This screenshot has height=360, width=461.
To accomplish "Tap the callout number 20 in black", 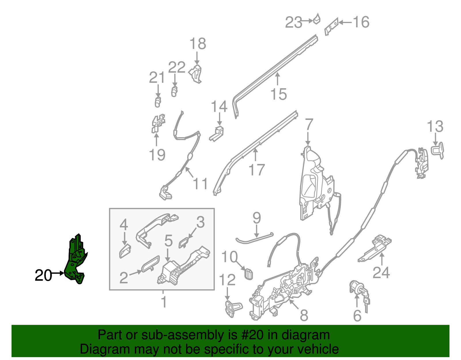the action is [43, 276].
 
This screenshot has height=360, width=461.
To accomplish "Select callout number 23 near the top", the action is [294, 22].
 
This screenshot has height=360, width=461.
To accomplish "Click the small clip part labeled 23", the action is [317, 19].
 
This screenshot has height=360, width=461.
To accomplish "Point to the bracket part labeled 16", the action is [331, 27].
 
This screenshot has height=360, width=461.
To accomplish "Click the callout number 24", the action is [381, 273].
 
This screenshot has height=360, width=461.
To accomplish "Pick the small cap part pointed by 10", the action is [248, 274].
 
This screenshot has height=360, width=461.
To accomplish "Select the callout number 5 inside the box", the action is [169, 241].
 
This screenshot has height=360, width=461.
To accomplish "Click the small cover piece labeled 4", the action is [125, 251].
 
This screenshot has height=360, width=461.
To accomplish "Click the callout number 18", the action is [198, 44].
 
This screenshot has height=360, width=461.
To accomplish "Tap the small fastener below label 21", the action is [158, 102].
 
